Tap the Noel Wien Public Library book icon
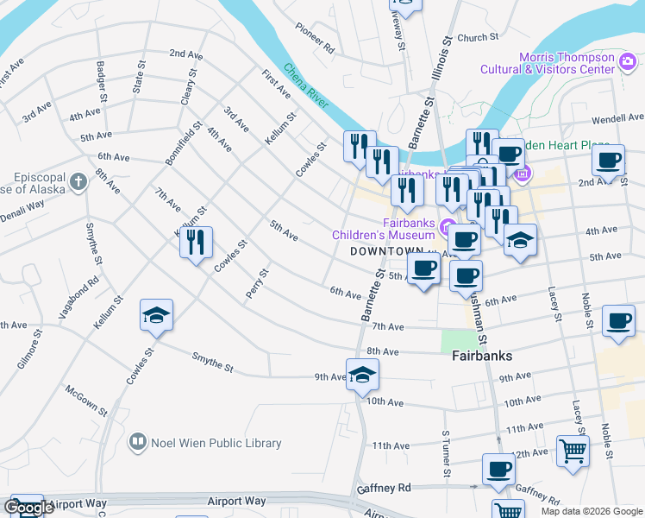pyautogui.click(x=137, y=443)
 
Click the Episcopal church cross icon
pyautogui.click(x=78, y=182)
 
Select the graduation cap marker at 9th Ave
pyautogui.click(x=362, y=375)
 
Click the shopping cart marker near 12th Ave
pyautogui.click(x=573, y=451)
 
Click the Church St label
pyautogui.click(x=478, y=38)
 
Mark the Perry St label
pyautogui.click(x=257, y=283)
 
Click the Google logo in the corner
pyautogui.click(x=29, y=508)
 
